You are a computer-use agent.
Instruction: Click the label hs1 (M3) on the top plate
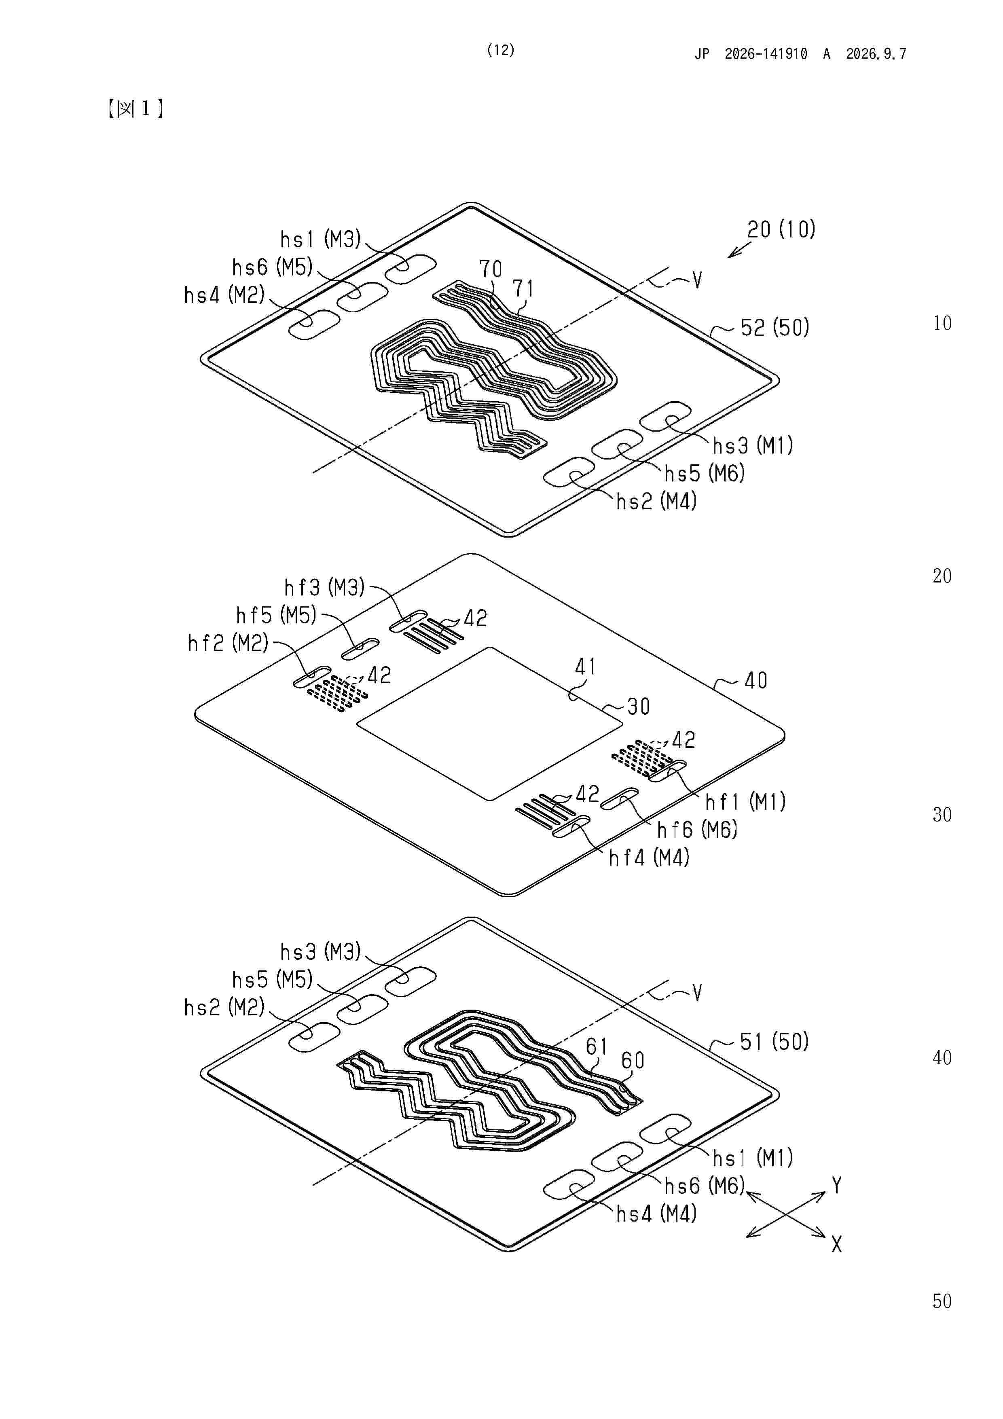(x=320, y=239)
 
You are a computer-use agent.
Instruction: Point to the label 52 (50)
(x=775, y=328)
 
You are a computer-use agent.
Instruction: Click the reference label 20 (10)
(x=781, y=229)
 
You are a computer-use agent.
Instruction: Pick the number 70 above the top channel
(x=491, y=269)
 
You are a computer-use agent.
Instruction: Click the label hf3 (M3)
(x=324, y=587)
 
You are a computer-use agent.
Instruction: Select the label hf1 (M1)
(x=745, y=802)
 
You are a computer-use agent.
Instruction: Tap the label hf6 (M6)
(x=697, y=830)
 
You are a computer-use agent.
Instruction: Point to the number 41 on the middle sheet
(x=585, y=667)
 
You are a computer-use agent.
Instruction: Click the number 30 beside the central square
(x=638, y=706)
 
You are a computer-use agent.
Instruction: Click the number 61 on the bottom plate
(x=597, y=1046)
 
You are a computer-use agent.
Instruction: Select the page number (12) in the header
(x=501, y=50)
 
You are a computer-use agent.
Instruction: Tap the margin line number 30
(x=942, y=815)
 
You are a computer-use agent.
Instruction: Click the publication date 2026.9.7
(x=876, y=54)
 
